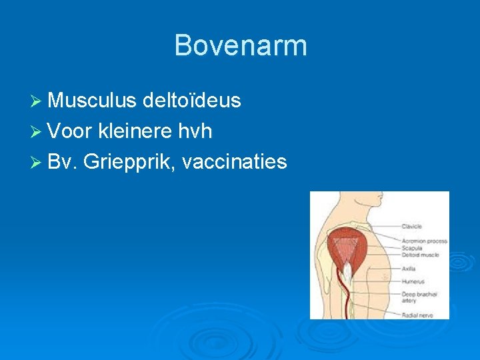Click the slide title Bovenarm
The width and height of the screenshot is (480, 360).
(240, 46)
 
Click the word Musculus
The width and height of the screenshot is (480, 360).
(93, 101)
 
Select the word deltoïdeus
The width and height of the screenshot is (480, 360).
(192, 101)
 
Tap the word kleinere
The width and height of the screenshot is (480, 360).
(135, 131)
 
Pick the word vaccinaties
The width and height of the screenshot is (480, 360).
(233, 161)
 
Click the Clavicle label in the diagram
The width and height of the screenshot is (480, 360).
(411, 227)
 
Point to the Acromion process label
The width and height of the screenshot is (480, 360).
(423, 241)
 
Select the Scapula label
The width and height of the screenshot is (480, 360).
(411, 248)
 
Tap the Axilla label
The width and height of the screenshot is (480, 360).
(408, 269)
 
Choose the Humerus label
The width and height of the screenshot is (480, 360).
(411, 281)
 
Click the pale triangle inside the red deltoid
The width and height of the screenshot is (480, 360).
(347, 247)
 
